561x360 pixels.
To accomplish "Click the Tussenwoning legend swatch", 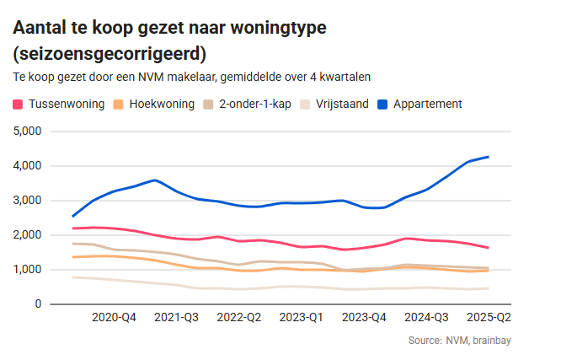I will (x=19, y=105).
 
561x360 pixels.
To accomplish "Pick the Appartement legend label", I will (x=427, y=105).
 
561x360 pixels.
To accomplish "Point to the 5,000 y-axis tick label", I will (x=27, y=132).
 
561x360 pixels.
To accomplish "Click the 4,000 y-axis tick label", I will (x=27, y=166).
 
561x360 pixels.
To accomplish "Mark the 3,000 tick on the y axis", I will (x=27, y=201).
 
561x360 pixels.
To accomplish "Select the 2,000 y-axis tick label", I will (x=27, y=235).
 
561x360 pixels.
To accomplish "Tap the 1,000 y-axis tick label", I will (x=27, y=270).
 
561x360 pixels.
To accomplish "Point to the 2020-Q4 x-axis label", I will (x=114, y=318).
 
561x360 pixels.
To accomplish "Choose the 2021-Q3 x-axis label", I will (x=176, y=318).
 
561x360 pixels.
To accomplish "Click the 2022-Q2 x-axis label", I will (x=239, y=318).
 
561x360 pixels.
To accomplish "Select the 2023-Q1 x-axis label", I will (x=302, y=318).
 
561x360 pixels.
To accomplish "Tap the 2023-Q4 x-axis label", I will (x=364, y=318).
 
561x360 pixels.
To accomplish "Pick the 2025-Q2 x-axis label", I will (x=489, y=318).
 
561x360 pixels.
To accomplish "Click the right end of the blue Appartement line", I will (x=489, y=157).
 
